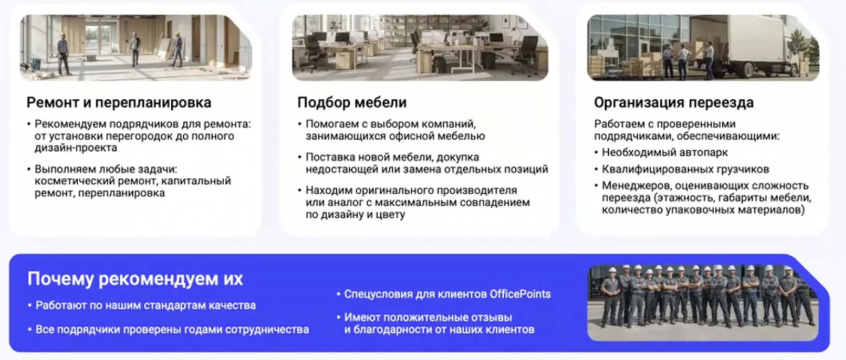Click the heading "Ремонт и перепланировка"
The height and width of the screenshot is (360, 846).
coord(119,102)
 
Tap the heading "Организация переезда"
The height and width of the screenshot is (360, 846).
coord(674,102)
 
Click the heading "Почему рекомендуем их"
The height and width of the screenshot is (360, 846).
coord(135,279)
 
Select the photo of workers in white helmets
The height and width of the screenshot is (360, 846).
coord(703,303)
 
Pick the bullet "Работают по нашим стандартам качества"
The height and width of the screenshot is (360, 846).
coord(145,305)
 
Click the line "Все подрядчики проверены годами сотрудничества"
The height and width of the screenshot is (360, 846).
coord(172,329)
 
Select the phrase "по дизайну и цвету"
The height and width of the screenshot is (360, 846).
coord(355,214)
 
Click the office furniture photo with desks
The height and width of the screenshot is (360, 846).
coord(420,48)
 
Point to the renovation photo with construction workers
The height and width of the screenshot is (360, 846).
coord(136,48)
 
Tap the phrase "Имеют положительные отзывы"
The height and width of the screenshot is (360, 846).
coord(428,317)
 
